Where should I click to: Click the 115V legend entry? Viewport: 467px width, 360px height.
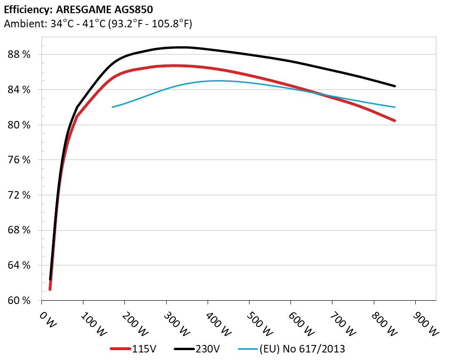tap(137, 349)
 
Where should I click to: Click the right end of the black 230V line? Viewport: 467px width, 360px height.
tap(395, 86)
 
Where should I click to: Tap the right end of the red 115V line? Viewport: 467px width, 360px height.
tap(395, 120)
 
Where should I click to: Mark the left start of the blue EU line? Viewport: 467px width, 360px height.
tap(113, 107)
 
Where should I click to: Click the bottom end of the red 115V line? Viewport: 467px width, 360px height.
tap(50, 289)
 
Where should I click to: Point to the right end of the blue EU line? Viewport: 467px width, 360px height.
tap(395, 107)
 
